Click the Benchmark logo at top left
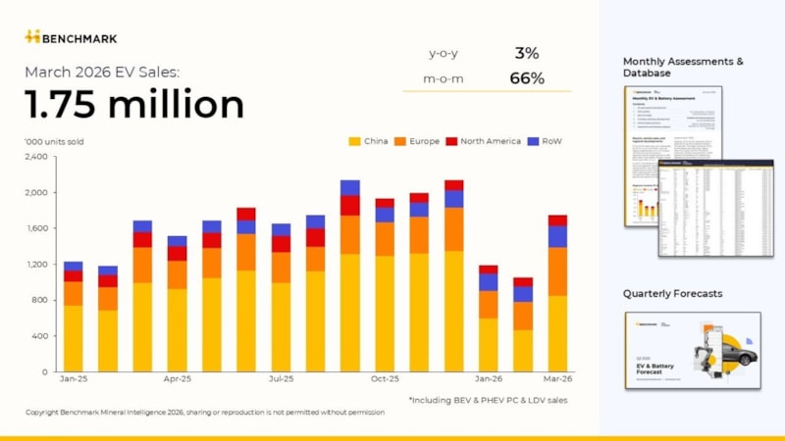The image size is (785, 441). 71,37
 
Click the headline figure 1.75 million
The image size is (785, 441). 134,104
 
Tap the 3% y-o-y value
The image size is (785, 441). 527,53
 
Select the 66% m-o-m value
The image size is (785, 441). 527,78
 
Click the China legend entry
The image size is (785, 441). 370,141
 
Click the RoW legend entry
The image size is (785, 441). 546,141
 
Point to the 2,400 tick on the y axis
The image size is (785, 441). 35,157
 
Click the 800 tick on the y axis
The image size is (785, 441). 39,300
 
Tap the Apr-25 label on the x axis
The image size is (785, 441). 178,378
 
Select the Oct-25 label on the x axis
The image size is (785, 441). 385,378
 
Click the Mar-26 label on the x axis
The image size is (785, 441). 557,378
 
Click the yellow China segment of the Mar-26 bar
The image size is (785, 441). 557,333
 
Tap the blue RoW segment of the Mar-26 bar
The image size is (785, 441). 557,236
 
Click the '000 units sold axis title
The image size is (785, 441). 54,141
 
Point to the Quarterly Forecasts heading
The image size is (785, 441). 674,293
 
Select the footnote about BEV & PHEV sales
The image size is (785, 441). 488,400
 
